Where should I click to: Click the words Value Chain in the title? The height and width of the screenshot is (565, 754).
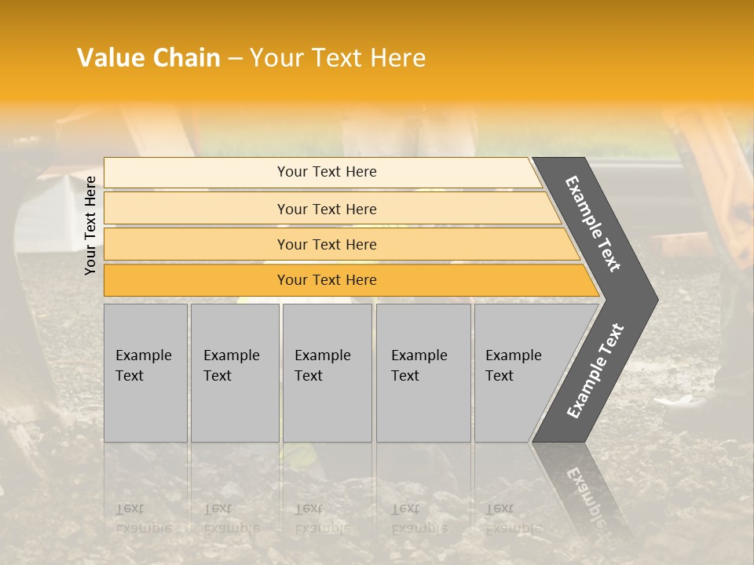148,58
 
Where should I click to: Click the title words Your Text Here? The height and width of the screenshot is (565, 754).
338,58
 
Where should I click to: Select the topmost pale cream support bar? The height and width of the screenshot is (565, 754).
322,172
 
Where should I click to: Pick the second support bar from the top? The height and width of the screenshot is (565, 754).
330,209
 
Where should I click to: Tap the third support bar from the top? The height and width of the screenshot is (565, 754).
338,244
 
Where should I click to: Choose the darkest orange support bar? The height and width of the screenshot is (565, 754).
346,280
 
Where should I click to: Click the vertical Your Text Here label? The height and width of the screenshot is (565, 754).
90,226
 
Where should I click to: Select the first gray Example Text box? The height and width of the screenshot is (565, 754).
145,373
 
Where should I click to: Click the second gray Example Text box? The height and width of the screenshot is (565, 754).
234,373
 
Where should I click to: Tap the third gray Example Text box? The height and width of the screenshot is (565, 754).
327,373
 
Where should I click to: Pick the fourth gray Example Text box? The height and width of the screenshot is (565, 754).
423,373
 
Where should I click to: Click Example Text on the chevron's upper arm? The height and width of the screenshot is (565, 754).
593,224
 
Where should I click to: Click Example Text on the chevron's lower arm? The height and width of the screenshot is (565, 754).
595,370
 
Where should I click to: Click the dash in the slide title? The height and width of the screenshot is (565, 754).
235,59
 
